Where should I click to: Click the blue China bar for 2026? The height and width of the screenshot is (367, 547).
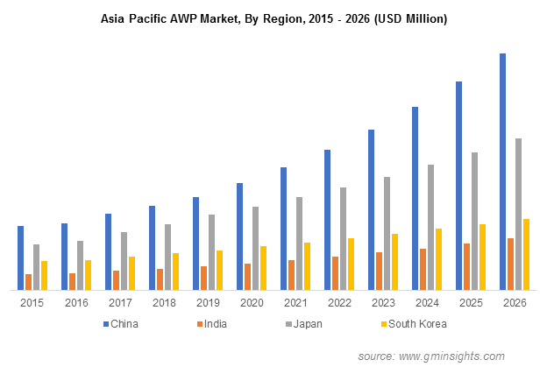click(502, 171)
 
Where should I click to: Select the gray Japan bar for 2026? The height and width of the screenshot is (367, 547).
click(518, 214)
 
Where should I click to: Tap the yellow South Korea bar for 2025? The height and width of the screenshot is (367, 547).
click(482, 257)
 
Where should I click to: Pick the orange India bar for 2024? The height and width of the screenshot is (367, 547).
click(423, 269)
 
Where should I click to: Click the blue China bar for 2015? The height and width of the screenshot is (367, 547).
click(20, 258)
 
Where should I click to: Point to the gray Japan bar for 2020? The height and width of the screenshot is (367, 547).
click(255, 248)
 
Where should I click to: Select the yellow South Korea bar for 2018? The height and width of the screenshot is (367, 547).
click(175, 271)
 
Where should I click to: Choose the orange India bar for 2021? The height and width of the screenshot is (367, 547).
click(291, 274)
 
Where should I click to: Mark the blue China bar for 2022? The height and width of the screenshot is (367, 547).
click(327, 219)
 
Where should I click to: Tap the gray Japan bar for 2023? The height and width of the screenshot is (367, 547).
click(387, 233)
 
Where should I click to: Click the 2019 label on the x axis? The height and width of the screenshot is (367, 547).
click(208, 303)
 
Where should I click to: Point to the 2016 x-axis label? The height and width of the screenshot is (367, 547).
click(76, 303)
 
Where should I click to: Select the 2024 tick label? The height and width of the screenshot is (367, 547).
click(427, 303)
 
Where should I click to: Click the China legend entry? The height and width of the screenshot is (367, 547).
click(123, 323)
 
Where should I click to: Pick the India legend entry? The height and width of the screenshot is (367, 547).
click(213, 323)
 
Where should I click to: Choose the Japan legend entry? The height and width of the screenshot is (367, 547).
click(304, 323)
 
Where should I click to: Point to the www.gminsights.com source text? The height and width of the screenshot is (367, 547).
click(451, 356)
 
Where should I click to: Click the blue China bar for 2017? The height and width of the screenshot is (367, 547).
click(108, 251)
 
